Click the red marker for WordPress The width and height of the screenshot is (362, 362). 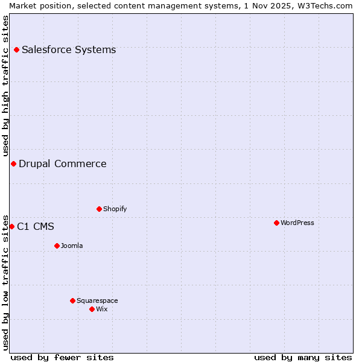point(276,223)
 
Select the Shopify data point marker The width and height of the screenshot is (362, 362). point(99,209)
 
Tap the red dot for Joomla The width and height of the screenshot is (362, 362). point(57,246)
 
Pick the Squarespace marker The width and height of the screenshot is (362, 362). point(72,300)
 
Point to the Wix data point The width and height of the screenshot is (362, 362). point(92,309)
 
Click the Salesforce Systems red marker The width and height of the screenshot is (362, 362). point(16,49)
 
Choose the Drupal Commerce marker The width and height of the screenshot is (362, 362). point(13,164)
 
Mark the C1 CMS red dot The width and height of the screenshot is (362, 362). point(11,226)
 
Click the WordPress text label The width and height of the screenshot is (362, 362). point(297,223)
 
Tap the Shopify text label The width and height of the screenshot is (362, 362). point(115,209)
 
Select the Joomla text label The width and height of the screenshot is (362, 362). point(72,246)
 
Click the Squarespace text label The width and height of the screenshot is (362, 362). point(97,300)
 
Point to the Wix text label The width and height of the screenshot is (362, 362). point(101,309)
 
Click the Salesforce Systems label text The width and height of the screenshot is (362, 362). point(69,49)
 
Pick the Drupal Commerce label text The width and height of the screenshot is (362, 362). point(63,164)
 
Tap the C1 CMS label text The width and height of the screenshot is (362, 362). point(36,226)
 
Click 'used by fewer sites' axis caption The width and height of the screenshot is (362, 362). point(62,357)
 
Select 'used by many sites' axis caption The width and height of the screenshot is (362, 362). point(303,357)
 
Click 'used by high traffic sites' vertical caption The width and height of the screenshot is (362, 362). point(6,86)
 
